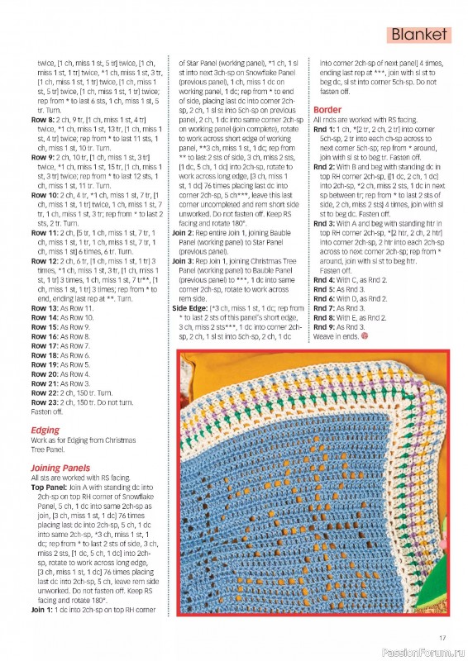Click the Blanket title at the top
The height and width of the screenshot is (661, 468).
pos(419,35)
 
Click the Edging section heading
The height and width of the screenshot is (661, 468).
pos(45,430)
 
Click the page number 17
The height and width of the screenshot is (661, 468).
pos(442,636)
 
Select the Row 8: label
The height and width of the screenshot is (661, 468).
pos(42,120)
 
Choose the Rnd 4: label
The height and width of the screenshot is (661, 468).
pos(326,280)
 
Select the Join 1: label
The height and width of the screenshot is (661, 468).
pos(42,610)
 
